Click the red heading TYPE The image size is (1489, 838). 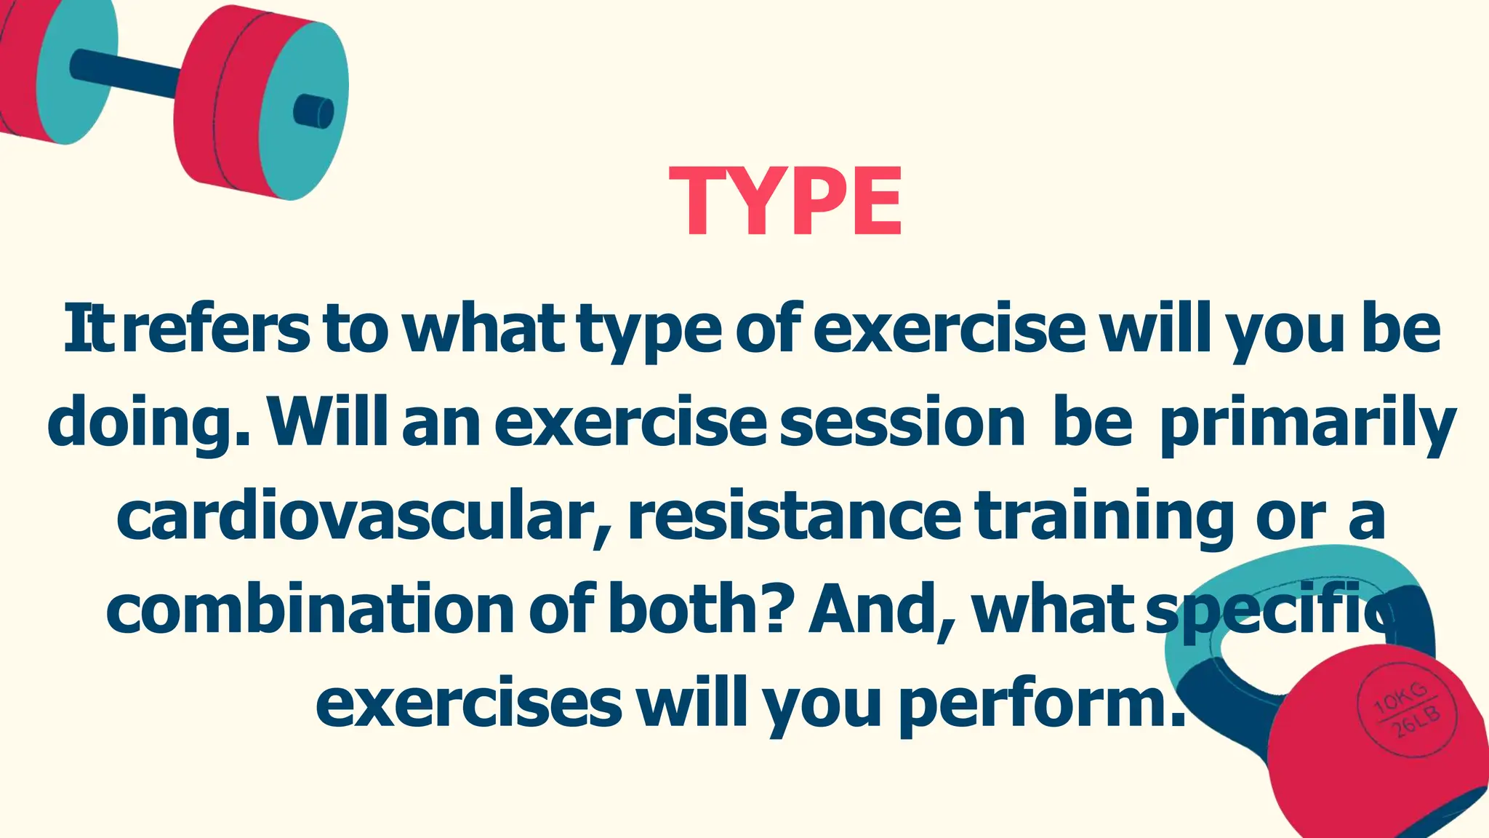[785, 201]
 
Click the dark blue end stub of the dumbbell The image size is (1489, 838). [314, 111]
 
